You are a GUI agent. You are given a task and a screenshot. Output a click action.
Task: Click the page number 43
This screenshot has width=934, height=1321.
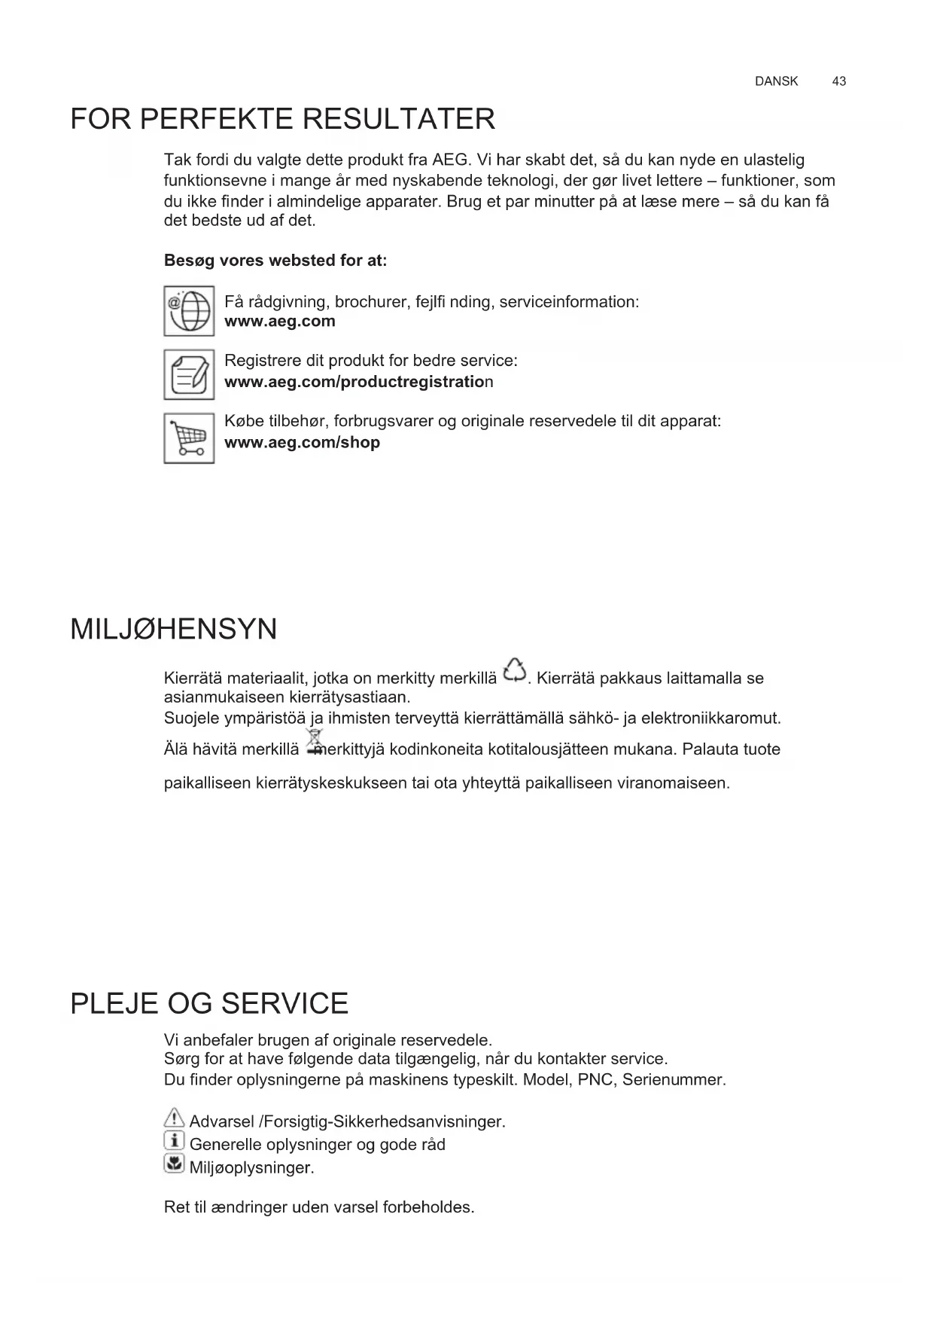tap(838, 81)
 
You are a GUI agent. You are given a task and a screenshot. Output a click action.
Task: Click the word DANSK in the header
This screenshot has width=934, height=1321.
tap(776, 81)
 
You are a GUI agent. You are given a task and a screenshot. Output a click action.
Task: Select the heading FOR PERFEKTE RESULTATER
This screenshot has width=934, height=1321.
tap(282, 120)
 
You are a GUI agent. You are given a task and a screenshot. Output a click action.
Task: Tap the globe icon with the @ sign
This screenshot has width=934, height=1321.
tap(189, 310)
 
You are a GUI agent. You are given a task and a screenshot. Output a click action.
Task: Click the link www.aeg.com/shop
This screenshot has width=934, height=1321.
tap(302, 442)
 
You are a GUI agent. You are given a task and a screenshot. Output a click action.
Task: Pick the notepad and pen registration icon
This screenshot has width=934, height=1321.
tap(189, 374)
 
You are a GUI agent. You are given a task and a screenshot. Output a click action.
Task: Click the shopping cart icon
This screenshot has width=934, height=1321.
tap(189, 438)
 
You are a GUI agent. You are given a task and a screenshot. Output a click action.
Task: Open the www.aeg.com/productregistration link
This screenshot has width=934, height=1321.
tap(358, 382)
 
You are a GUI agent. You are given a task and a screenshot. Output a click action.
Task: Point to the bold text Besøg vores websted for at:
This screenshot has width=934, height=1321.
tap(275, 261)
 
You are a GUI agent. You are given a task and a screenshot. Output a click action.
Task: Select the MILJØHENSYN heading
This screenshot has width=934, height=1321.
tap(173, 629)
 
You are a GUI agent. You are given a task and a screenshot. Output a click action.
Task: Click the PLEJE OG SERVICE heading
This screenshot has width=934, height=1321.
tap(209, 1003)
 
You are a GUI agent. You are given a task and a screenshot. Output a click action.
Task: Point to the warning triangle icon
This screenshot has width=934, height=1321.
tap(174, 1119)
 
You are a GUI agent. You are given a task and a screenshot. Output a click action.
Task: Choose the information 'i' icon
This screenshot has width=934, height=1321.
tap(174, 1142)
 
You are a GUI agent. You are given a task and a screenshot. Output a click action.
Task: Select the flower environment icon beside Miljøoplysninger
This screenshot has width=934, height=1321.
tap(174, 1165)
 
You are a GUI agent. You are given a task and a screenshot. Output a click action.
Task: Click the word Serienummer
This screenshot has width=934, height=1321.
tap(673, 1080)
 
